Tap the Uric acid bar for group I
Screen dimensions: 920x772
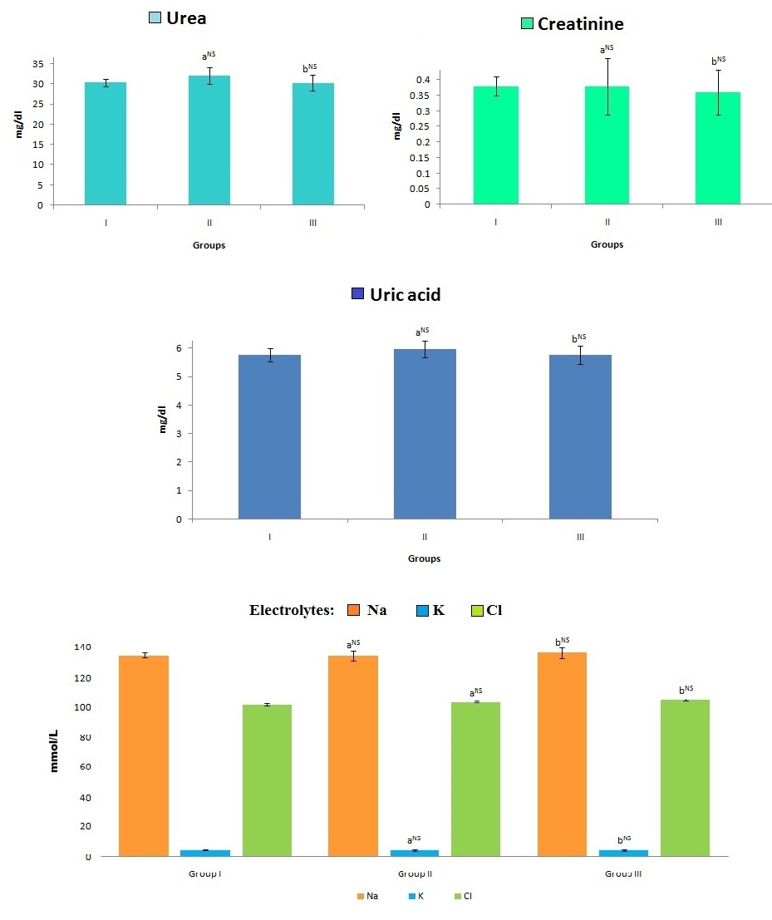click(x=269, y=436)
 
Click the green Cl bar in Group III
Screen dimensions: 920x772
click(x=686, y=777)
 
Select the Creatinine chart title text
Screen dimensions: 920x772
click(x=580, y=24)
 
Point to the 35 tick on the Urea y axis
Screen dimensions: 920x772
click(x=38, y=63)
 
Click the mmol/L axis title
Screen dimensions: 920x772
click(x=55, y=750)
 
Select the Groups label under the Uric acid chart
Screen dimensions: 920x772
click(x=424, y=558)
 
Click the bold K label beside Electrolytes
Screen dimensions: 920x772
click(x=439, y=611)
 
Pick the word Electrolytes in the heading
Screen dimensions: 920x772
click(x=292, y=611)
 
